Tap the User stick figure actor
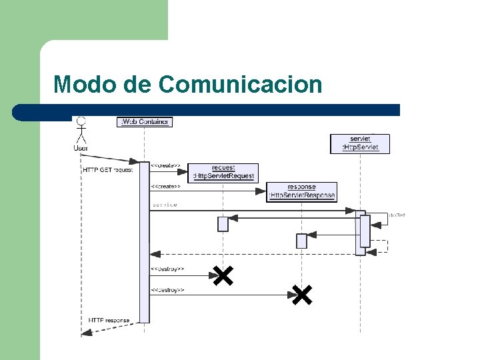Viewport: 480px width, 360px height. pyautogui.click(x=81, y=129)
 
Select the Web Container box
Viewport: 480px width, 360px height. pyautogui.click(x=145, y=121)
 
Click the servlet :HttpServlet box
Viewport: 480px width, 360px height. pyautogui.click(x=360, y=143)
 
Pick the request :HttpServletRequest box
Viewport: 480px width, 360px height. pyautogui.click(x=223, y=173)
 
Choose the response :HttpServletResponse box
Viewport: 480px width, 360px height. pyautogui.click(x=301, y=191)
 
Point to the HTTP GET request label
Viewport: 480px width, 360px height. pyautogui.click(x=108, y=170)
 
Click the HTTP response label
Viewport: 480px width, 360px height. pyautogui.click(x=109, y=321)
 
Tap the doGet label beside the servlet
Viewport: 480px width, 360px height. pyautogui.click(x=397, y=215)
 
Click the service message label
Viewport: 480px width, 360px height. pyautogui.click(x=165, y=205)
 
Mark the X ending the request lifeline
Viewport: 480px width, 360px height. pyautogui.click(x=223, y=275)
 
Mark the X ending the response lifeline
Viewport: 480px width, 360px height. pyautogui.click(x=301, y=294)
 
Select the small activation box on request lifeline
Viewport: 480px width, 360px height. pyautogui.click(x=223, y=224)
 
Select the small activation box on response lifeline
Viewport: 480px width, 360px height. pyautogui.click(x=301, y=241)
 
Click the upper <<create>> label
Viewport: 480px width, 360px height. pyautogui.click(x=165, y=165)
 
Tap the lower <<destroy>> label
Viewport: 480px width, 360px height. pyautogui.click(x=167, y=290)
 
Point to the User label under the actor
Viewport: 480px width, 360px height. pyautogui.click(x=81, y=148)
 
